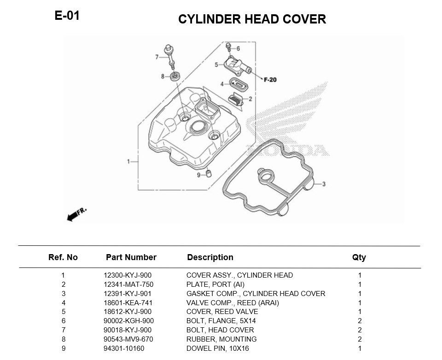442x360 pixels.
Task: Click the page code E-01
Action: coord(67,16)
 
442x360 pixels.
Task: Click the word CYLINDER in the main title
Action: coord(209,19)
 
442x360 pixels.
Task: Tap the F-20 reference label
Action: coord(270,80)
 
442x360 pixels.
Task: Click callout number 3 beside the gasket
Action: coord(324,184)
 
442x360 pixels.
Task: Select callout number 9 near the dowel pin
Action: coord(199,175)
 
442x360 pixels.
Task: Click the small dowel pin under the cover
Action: coord(209,173)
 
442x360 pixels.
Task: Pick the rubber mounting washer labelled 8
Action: coord(175,76)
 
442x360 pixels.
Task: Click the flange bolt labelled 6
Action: coord(228,47)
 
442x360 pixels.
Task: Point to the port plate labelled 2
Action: coord(236,99)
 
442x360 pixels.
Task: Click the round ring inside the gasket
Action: coord(265,176)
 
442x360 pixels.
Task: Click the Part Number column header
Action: coord(131,257)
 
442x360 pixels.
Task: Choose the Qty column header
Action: coord(359,257)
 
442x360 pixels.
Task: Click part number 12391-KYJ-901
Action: coord(128,293)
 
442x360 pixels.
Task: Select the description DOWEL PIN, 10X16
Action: coord(218,348)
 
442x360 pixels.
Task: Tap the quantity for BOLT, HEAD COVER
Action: coord(360,330)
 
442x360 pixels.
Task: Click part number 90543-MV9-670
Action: coord(128,339)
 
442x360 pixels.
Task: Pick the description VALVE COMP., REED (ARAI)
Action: coord(233,303)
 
